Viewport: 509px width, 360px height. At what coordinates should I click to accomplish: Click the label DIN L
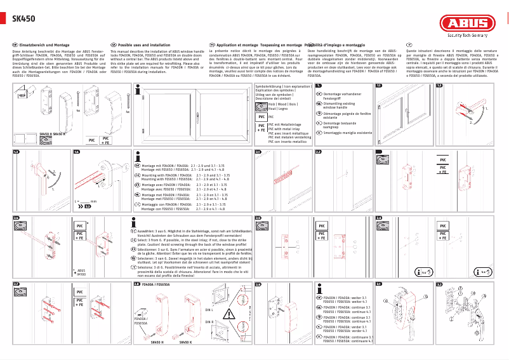pos(209,310)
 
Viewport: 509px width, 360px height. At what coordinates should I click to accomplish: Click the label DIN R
pos(209,322)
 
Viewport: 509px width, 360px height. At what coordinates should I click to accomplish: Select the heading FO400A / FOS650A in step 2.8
pos(156,284)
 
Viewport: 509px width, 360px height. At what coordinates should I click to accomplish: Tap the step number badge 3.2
pos(439,284)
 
